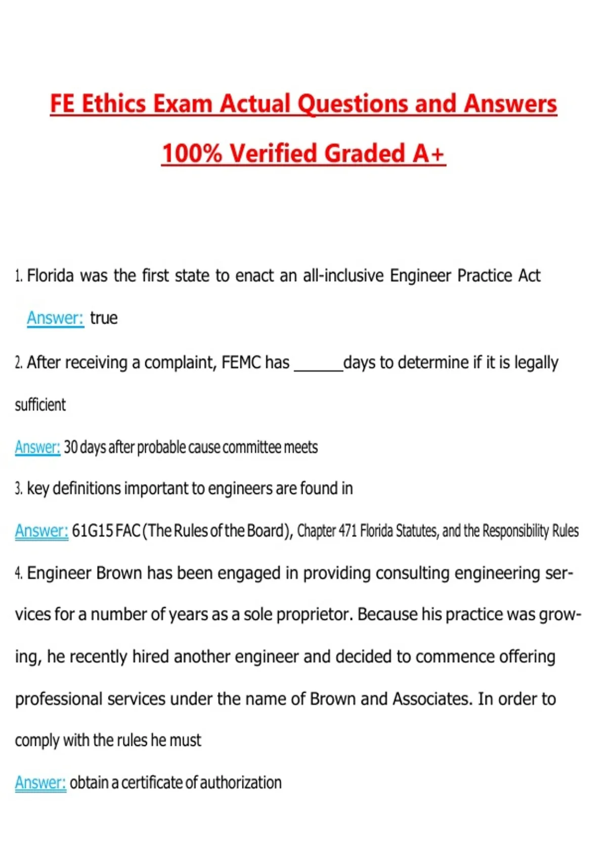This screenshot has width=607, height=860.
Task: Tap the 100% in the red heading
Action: (192, 153)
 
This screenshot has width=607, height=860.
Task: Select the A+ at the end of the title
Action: (428, 153)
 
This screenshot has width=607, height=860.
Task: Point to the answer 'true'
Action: (104, 318)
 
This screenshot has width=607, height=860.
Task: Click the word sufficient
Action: (40, 405)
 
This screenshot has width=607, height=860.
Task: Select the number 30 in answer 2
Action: (71, 447)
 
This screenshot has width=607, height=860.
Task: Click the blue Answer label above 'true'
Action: (55, 318)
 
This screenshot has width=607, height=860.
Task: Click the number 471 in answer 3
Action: (348, 531)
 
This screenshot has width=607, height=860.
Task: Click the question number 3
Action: (18, 489)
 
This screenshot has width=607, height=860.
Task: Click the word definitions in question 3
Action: (86, 489)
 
